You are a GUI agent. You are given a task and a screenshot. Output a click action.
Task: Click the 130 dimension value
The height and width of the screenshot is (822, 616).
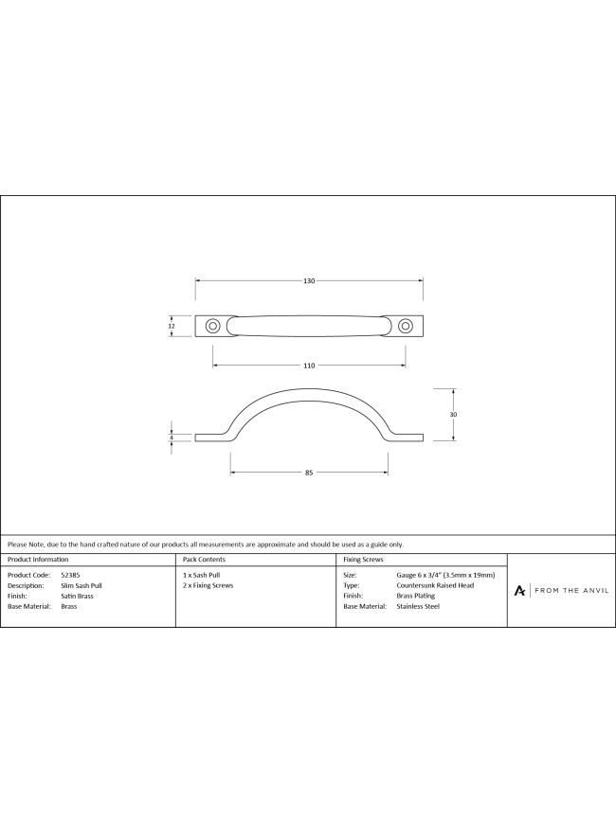[309, 281]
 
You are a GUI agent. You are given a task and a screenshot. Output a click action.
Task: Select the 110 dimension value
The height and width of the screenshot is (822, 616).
[309, 366]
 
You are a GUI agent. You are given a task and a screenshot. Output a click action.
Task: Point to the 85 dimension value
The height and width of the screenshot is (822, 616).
[309, 473]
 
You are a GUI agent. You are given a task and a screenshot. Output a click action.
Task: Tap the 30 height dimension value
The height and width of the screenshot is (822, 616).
[453, 414]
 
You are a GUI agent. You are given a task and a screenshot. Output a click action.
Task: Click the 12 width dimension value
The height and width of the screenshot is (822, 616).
[171, 326]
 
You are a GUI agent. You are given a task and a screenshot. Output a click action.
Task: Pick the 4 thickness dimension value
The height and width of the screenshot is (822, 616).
[172, 438]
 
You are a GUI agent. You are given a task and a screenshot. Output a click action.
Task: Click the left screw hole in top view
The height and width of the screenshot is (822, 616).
[212, 326]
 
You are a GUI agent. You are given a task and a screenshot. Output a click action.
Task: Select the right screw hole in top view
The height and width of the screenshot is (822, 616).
[405, 326]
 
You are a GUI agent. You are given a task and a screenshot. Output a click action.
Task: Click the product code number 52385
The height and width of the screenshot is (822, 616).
[70, 575]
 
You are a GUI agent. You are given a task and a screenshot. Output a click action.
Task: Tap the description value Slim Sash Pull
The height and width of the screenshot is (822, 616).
[82, 585]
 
